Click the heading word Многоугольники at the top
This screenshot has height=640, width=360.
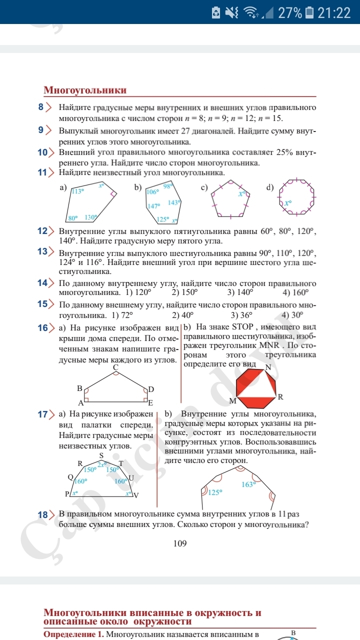pyautogui.click(x=85, y=90)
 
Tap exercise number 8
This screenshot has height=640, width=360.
pyautogui.click(x=41, y=107)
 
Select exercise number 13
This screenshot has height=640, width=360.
pyautogui.click(x=42, y=251)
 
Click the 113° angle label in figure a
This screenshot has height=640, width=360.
pyautogui.click(x=78, y=191)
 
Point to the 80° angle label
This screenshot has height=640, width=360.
pyautogui.click(x=73, y=218)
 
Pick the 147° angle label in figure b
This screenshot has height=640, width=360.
pyautogui.click(x=153, y=206)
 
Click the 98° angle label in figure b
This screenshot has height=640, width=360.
pyautogui.click(x=167, y=186)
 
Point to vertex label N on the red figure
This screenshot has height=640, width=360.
pyautogui.click(x=268, y=367)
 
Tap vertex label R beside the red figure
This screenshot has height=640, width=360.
pyautogui.click(x=280, y=397)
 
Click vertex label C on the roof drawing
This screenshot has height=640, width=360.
pyautogui.click(x=115, y=367)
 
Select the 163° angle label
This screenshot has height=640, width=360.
pyautogui.click(x=248, y=484)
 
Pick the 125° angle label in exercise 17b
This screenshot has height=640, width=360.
pyautogui.click(x=215, y=492)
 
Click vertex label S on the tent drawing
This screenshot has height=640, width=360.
pyautogui.click(x=101, y=455)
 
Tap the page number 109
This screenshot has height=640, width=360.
pyautogui.click(x=180, y=543)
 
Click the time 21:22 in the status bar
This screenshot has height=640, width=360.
pyautogui.click(x=334, y=12)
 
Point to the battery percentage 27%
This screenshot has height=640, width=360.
pyautogui.click(x=290, y=12)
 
